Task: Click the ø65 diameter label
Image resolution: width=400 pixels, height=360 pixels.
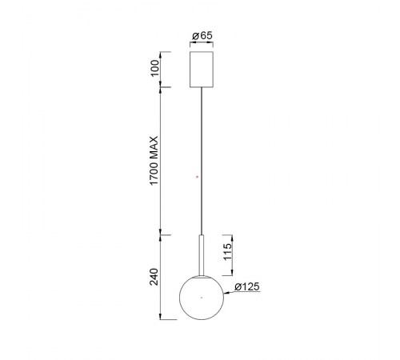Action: point(202,35)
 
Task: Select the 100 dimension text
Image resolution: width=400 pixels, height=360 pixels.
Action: point(154,68)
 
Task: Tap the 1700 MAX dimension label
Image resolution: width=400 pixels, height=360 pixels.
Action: point(154,161)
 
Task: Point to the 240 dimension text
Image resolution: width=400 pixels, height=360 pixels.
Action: point(154,277)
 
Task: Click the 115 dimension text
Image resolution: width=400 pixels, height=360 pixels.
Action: point(227,252)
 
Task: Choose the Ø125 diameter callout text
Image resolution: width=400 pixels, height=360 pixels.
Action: point(247,287)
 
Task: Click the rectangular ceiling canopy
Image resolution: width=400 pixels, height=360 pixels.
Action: point(202,70)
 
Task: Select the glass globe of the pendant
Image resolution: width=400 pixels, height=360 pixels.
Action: point(202,298)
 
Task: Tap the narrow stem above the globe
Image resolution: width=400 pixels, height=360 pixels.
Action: point(202,255)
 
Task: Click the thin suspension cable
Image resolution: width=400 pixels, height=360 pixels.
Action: point(202,161)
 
